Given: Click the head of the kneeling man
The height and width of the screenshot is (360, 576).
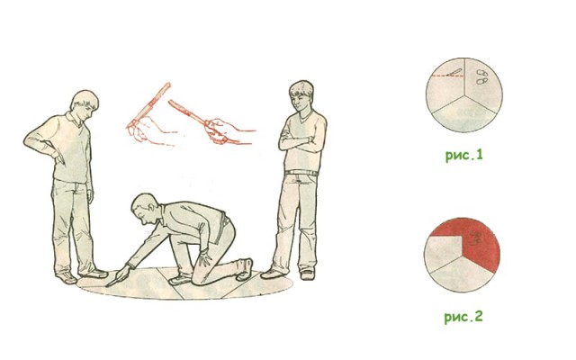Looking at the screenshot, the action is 144,210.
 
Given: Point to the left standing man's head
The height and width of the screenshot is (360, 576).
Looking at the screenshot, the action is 85,104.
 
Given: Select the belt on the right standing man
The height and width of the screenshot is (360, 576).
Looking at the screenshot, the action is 301,173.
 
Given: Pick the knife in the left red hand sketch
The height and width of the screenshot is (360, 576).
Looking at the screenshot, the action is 149,104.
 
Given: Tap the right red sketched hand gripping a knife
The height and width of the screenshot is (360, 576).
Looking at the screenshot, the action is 220,131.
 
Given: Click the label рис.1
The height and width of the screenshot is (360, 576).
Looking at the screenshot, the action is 464,156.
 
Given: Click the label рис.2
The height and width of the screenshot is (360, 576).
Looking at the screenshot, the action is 463,317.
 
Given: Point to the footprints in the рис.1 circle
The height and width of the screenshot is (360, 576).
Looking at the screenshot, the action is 482,77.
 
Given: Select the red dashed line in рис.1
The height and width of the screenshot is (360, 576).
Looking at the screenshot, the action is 448,76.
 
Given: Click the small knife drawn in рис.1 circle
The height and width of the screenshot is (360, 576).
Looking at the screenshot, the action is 454,72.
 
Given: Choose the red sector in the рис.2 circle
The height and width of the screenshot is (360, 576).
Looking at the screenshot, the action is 478,242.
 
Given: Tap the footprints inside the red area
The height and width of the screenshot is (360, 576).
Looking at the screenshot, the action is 476,238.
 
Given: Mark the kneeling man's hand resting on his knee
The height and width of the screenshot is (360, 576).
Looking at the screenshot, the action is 204,257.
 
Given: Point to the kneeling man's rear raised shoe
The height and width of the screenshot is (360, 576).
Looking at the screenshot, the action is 245,270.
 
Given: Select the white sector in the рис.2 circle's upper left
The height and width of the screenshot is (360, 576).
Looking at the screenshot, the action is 442,254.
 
